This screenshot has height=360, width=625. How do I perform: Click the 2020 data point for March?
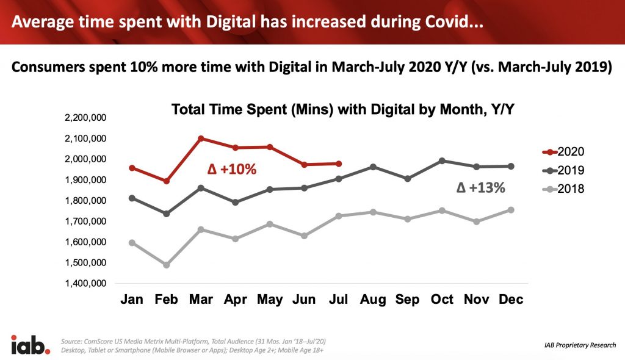201,139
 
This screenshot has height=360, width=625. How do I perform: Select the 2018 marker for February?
166,265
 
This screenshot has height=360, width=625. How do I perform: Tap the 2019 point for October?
442,160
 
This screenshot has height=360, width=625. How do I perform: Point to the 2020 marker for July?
339,164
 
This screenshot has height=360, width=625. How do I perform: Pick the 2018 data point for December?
511,210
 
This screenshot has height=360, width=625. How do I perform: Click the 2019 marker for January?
132,198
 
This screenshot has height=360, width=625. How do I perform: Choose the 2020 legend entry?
564,151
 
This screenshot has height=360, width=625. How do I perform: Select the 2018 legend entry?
564,189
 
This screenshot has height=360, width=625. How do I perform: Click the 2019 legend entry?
564,170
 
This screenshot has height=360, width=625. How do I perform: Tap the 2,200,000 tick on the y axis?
84,118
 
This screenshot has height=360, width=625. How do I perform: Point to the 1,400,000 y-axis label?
84,284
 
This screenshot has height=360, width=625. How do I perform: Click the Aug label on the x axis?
373,300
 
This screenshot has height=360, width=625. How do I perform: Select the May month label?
270,300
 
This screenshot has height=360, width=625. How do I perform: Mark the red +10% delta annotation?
229,169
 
